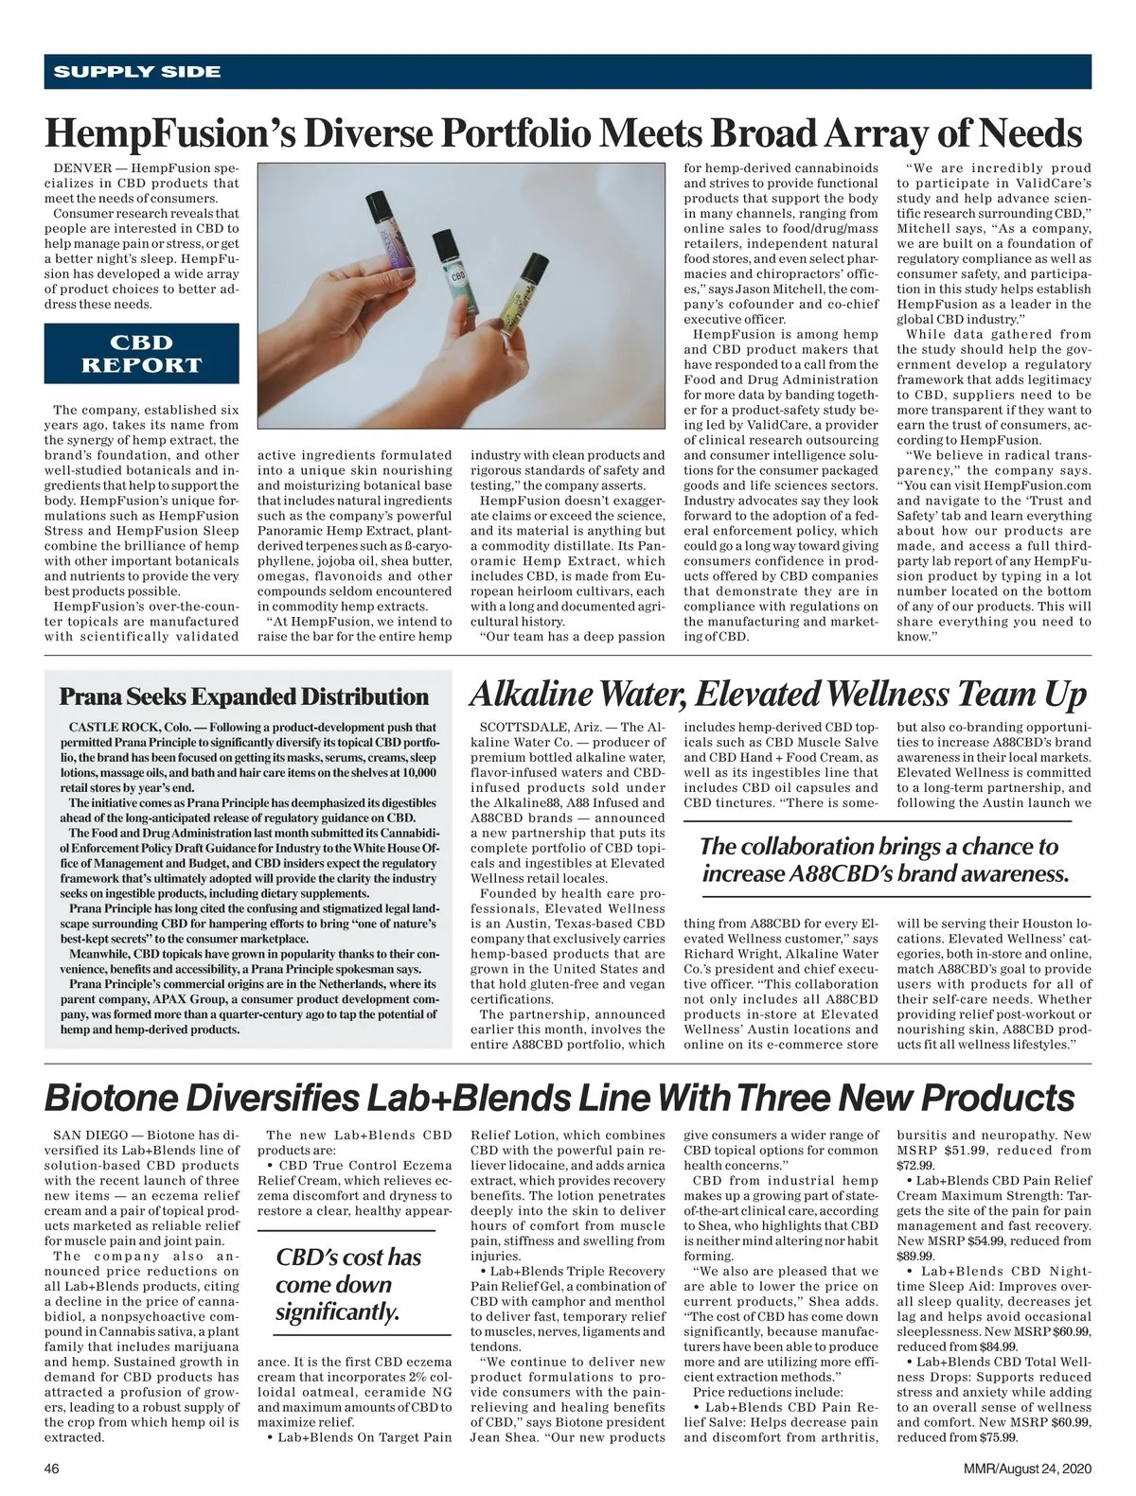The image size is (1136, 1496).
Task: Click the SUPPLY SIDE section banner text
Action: [137, 72]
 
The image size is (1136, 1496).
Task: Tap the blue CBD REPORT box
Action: [142, 354]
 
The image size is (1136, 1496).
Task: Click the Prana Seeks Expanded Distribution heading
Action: [244, 697]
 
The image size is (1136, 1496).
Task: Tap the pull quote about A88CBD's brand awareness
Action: [885, 859]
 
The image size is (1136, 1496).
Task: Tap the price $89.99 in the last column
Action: [914, 1256]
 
